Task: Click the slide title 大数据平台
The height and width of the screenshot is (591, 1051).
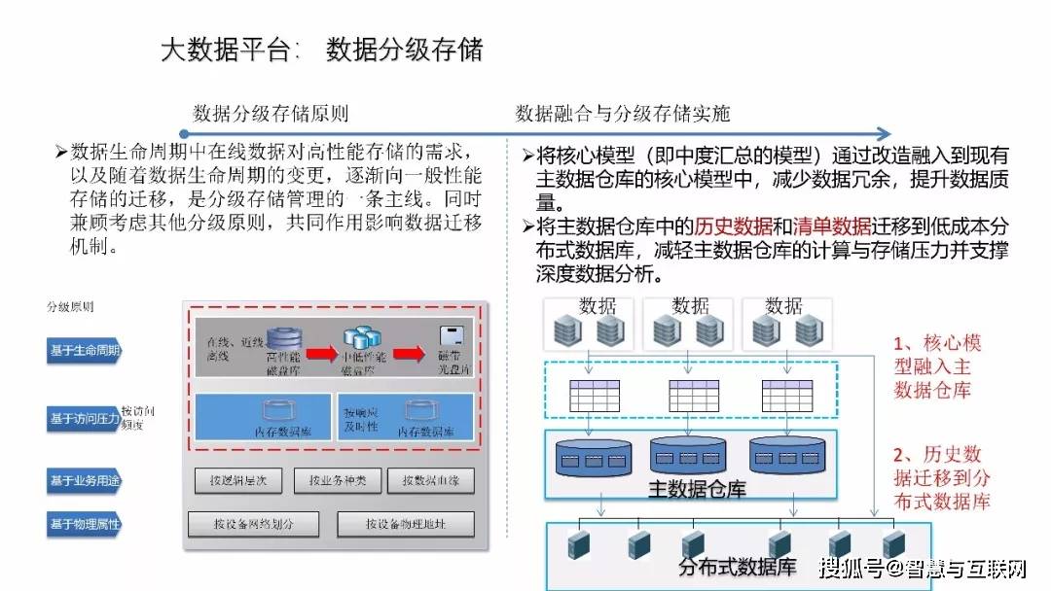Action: coord(226,50)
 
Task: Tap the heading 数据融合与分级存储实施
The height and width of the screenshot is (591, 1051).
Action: coord(623,114)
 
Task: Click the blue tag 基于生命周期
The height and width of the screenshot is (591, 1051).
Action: coord(86,351)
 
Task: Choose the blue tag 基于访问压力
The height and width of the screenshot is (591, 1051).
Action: coord(83,420)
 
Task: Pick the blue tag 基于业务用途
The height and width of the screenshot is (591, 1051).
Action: coord(86,479)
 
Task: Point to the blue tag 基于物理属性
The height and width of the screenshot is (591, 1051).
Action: coord(86,526)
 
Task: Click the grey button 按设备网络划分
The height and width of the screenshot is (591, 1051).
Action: coord(253,525)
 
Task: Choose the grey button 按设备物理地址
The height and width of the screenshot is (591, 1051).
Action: coord(406,525)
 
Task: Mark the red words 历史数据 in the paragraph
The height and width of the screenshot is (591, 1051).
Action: coord(733,226)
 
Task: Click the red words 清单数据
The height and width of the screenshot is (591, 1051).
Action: coord(833,226)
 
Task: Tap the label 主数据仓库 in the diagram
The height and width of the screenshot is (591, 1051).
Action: coord(696,489)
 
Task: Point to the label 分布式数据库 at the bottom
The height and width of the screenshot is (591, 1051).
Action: coord(737,566)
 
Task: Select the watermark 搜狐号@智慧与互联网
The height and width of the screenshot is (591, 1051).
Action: coord(922,567)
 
